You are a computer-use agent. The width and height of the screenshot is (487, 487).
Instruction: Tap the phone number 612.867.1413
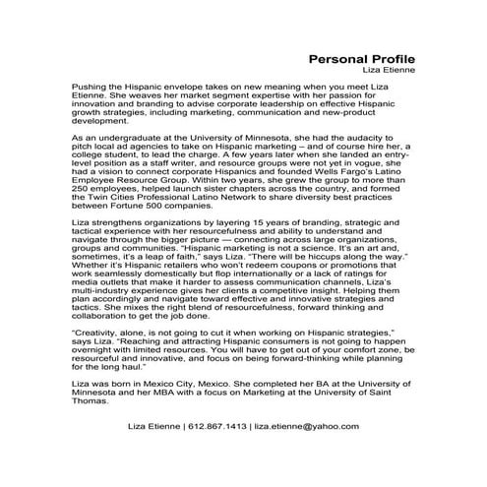click(x=223, y=428)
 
